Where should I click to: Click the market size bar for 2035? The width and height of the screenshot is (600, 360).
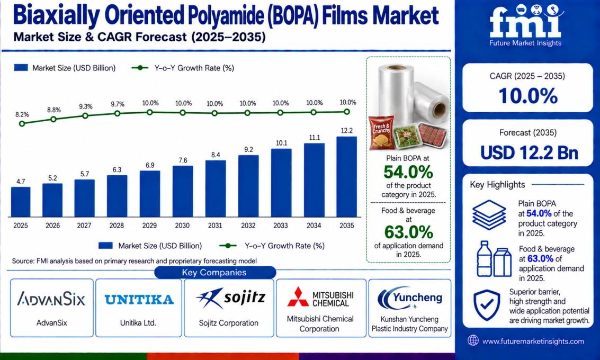click(347, 177)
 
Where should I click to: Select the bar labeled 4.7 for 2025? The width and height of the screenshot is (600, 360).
click(21, 202)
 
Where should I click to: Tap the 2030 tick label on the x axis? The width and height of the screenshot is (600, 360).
click(182, 226)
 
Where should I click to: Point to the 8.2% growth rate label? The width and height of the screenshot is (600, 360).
click(22, 114)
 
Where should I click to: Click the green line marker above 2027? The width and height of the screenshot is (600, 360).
click(85, 115)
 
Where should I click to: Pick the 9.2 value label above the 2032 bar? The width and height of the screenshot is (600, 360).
click(248, 150)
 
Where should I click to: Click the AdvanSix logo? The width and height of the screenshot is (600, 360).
click(51, 299)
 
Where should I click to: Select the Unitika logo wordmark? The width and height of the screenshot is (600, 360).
click(139, 299)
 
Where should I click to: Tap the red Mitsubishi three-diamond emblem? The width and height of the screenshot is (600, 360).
click(298, 297)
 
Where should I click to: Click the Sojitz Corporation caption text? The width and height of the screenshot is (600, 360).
click(228, 323)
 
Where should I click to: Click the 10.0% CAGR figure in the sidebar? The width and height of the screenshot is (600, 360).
click(527, 95)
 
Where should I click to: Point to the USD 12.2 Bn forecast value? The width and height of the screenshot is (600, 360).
click(529, 152)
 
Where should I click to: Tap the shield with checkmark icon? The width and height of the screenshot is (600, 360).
click(486, 304)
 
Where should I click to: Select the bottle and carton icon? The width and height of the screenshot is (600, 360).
click(494, 259)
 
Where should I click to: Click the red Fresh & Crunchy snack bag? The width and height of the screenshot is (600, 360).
click(381, 132)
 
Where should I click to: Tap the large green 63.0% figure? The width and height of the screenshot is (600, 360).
click(409, 232)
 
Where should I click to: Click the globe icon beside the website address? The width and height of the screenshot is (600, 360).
click(473, 340)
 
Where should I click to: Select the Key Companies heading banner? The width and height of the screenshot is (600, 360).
click(214, 273)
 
